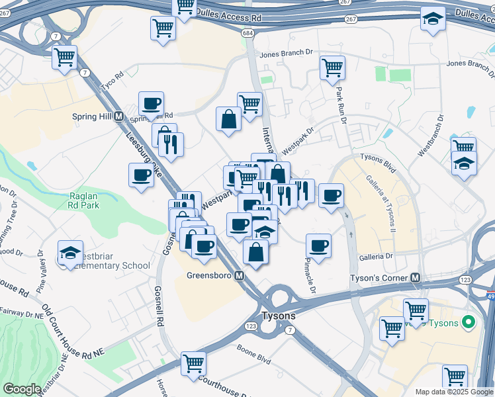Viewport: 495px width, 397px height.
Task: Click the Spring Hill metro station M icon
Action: (x=119, y=116)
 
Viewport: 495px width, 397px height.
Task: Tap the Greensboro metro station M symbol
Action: (x=240, y=275)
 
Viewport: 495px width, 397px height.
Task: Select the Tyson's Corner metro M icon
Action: (x=416, y=277)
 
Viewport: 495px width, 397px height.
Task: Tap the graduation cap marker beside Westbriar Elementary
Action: (x=70, y=252)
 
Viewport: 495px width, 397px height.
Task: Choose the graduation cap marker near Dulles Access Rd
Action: (x=432, y=20)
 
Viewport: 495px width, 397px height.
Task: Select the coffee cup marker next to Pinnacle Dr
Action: (x=318, y=245)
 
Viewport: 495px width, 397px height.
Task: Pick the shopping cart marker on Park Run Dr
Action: (x=332, y=67)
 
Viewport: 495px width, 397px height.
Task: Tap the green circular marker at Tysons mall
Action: (x=469, y=322)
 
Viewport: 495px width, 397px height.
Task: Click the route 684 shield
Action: (x=248, y=32)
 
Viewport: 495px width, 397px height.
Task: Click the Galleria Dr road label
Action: (x=376, y=255)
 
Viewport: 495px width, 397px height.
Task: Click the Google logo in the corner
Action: (x=22, y=389)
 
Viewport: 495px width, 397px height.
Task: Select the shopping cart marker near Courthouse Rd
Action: (x=193, y=363)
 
